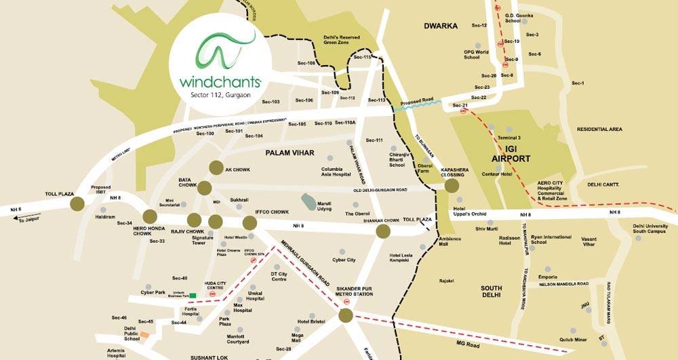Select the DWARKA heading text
coord(441,26)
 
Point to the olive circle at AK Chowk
coord(216,167)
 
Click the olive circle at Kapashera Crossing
coord(452,186)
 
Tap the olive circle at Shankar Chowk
coord(383,231)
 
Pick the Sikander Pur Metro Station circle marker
coord(346,315)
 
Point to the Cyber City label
coord(344,260)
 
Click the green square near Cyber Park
coord(193,296)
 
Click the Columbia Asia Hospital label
coord(336,172)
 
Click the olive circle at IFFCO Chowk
coord(250,222)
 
